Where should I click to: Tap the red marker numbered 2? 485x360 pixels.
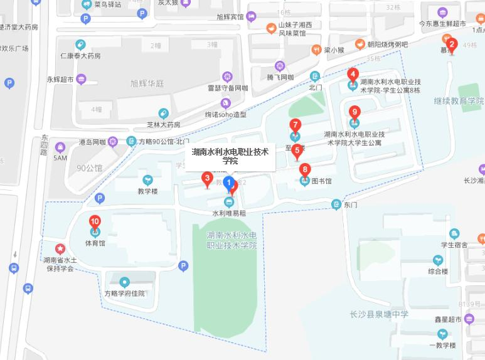(451, 45)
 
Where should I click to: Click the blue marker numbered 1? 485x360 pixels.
(229, 183)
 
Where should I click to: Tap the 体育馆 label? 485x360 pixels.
(95, 242)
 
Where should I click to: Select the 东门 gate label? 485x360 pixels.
(351, 204)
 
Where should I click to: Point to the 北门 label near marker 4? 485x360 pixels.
(315, 88)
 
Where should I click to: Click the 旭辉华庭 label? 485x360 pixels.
(147, 83)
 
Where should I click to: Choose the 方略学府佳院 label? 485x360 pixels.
(124, 293)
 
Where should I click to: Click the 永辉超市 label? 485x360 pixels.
(60, 80)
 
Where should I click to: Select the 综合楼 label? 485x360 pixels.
(438, 272)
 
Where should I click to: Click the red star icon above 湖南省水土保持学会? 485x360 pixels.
(60, 248)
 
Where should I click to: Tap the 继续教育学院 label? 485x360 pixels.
(459, 101)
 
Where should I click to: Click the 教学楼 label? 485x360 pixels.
(148, 191)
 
